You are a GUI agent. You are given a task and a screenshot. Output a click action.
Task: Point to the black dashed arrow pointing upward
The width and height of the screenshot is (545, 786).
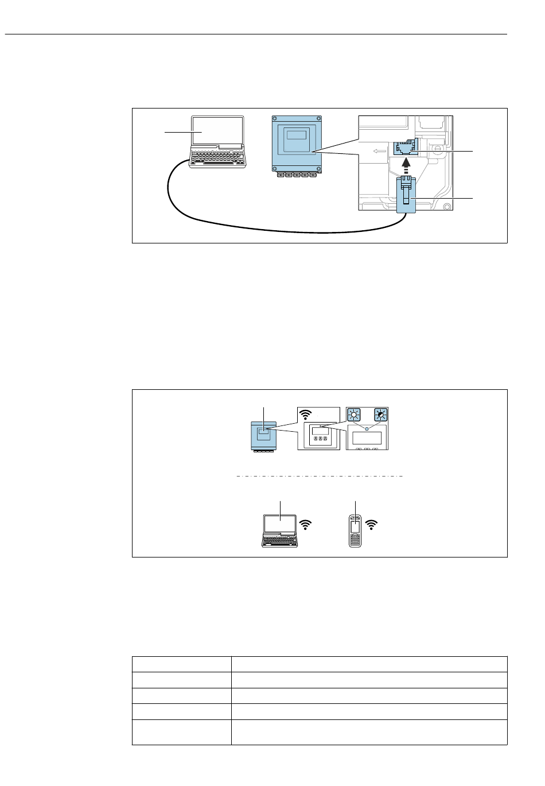[x=406, y=167]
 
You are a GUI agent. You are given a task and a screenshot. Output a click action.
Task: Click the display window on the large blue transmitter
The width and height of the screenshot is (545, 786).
[x=296, y=136]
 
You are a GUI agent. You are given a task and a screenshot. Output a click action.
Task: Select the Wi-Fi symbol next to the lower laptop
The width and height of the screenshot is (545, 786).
[x=306, y=524]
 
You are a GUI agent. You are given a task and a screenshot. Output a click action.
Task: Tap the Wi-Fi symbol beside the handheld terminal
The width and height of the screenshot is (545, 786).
[x=372, y=524]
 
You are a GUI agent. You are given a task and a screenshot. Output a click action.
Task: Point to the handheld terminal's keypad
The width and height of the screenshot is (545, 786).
[x=355, y=540]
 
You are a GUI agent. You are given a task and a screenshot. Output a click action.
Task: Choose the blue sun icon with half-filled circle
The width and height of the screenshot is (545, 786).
[x=380, y=416]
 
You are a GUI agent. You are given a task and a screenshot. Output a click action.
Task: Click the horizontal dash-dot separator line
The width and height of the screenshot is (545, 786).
[x=320, y=477]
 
